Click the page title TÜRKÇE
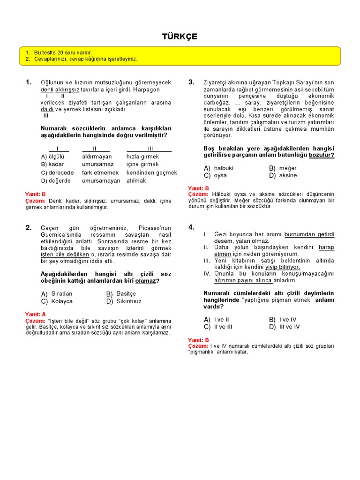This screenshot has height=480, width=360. pos(180,37)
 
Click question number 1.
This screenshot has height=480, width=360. pos(29,82)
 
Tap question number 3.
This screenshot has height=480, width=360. pos(191,82)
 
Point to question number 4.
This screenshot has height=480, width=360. pos(191,227)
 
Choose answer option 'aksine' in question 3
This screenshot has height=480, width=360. pos(288,175)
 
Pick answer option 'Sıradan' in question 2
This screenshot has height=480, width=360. pos(62,294)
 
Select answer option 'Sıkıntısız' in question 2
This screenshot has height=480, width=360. pos(129,301)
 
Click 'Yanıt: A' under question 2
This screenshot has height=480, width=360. pos(35,314)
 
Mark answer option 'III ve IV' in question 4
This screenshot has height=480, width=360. pos(289,327)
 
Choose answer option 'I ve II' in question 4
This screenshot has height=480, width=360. pos(221,319)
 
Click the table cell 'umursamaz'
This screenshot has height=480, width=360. pos(97,165)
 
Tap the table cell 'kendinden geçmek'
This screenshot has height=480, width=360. pos(152,172)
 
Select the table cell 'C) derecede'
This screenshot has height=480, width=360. pos(57,172)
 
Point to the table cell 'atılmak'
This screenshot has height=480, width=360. pos(136,180)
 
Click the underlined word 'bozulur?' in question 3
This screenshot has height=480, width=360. pos(321,155)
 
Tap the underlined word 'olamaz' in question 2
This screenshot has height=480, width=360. pos(145,281)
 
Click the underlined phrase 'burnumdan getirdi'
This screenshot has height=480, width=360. pos(309,234)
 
